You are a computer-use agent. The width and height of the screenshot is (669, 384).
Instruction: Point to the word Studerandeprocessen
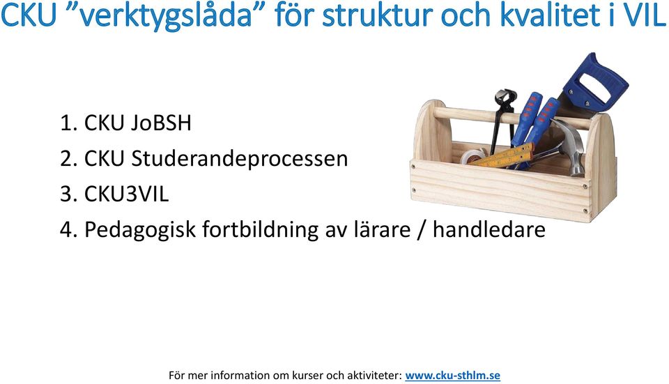tap(239, 159)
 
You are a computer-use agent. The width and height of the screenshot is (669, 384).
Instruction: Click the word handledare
tap(489, 229)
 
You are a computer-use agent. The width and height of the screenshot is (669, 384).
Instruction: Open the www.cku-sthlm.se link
tap(453, 376)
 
